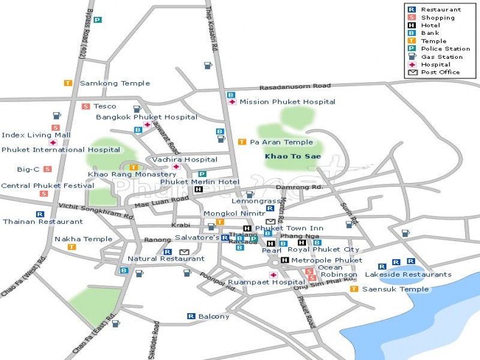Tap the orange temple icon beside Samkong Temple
tap(68, 83)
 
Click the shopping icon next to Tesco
tap(86, 106)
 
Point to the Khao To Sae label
tap(293, 157)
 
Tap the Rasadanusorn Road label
tap(295, 86)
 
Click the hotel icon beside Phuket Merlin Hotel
tap(199, 190)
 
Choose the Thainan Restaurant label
tap(43, 221)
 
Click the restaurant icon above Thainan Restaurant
tap(40, 214)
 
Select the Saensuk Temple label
tap(395, 289)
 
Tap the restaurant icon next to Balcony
tap(191, 316)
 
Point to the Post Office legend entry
tap(440, 73)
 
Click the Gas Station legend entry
tap(440, 57)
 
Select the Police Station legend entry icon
tap(412, 49)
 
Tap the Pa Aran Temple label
tap(281, 142)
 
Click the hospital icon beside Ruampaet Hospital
tap(273, 275)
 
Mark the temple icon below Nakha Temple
tap(71, 247)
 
